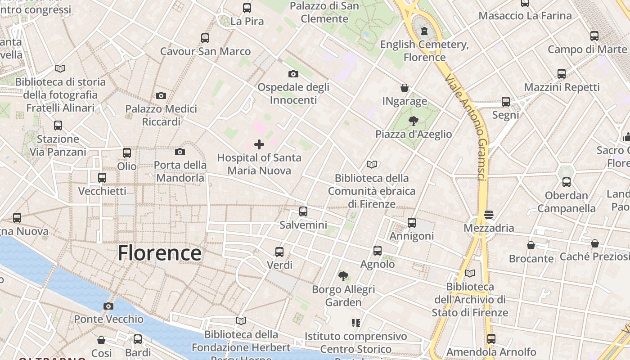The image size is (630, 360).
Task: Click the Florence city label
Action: tap(159, 253)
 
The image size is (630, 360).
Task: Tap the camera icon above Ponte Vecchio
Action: tap(108, 306)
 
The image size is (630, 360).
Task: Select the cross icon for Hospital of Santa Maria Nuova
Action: tap(259, 144)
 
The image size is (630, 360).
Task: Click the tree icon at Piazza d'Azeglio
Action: tap(414, 121)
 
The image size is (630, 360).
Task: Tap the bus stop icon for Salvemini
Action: tap(303, 211)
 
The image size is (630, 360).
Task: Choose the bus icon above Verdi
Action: tap(279, 252)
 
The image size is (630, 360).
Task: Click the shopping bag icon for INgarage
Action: tap(405, 88)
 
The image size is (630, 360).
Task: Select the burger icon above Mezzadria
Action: tap(489, 215)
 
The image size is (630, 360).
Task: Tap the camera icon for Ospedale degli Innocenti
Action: tap(293, 74)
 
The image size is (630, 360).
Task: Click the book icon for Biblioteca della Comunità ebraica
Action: tap(372, 165)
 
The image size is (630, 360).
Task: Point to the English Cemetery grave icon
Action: tap(424, 31)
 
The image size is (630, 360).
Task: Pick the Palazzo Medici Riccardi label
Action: tap(161, 115)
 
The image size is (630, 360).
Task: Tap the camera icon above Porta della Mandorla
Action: tap(180, 152)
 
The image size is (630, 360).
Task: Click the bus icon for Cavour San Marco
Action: tap(205, 38)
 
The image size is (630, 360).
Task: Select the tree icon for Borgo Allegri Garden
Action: tap(343, 276)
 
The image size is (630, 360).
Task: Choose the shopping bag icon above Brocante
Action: tap(531, 245)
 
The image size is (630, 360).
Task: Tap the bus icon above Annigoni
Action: tap(412, 223)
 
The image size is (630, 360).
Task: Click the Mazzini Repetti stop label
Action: tap(562, 87)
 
